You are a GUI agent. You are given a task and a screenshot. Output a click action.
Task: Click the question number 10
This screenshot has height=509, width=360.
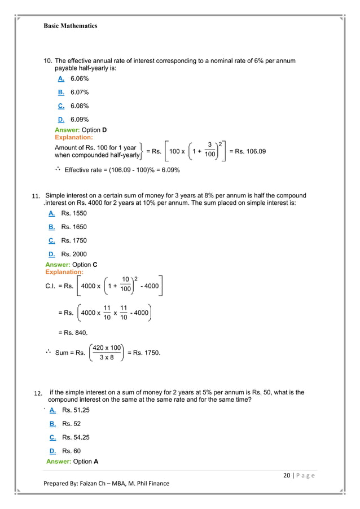(x=47, y=61)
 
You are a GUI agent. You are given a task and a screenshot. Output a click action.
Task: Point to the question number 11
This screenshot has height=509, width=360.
(x=37, y=196)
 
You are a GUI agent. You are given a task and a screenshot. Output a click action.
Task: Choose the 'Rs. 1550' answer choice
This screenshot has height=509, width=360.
(x=74, y=213)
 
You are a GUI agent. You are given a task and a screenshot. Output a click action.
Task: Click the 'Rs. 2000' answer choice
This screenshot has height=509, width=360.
(x=74, y=254)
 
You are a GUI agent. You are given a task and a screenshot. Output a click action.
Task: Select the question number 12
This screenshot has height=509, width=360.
(x=38, y=393)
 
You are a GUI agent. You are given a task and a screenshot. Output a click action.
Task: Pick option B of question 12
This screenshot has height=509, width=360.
(x=52, y=424)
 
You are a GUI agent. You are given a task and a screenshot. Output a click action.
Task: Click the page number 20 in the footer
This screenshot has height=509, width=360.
(x=287, y=476)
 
